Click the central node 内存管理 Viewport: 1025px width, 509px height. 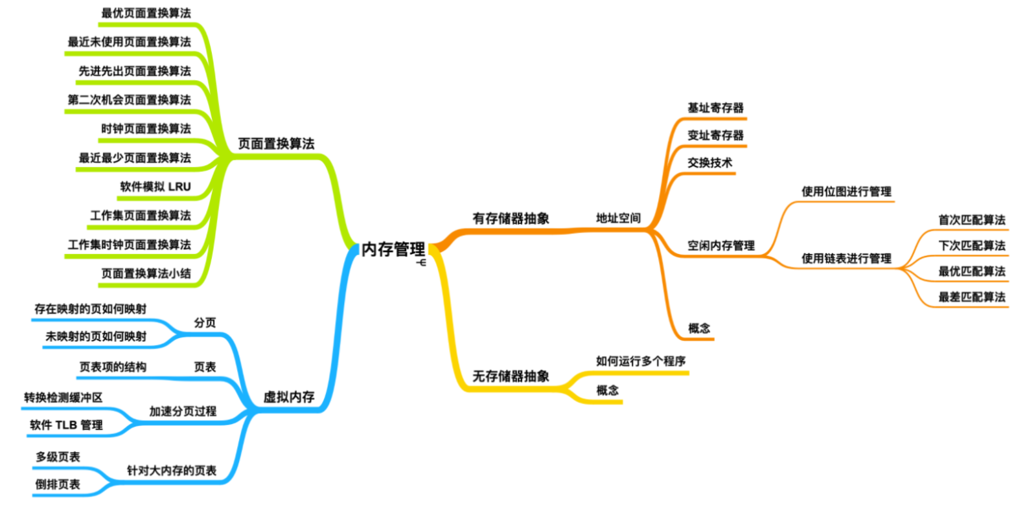coord(393,249)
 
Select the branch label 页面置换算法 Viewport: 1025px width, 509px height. coord(276,144)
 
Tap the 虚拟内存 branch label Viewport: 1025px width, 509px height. coord(289,397)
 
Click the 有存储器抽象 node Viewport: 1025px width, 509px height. coord(511,219)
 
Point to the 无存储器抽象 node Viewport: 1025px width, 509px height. coord(511,376)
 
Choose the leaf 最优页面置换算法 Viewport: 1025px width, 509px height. coord(146,13)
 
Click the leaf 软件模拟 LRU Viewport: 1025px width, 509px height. coord(155,187)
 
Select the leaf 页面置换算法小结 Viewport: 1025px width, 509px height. coord(146,274)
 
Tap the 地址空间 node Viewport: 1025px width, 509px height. coord(618,218)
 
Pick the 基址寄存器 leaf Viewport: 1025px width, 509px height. coord(715,108)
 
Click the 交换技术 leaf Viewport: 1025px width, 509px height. coord(709,163)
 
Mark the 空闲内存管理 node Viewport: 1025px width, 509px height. coord(720,246)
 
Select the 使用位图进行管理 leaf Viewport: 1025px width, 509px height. coord(846,192)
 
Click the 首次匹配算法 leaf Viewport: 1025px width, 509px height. coord(971,220)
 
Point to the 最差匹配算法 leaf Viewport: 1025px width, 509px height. coord(971,297)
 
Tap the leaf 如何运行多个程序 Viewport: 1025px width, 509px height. coord(640,361)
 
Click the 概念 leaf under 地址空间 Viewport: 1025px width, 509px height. coord(698,328)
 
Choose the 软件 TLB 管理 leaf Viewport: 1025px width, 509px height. coord(66,425)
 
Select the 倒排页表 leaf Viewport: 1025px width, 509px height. coord(58,484)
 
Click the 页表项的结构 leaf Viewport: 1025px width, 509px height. coord(113,367)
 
